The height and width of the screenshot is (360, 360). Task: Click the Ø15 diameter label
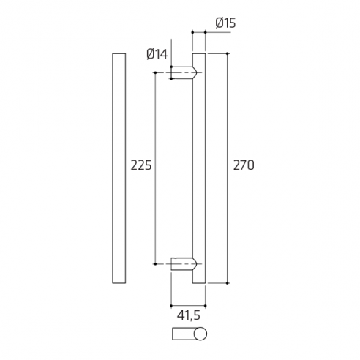click(x=225, y=23)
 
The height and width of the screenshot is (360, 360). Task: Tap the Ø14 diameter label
click(x=157, y=53)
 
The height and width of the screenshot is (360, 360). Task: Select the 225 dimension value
click(x=140, y=165)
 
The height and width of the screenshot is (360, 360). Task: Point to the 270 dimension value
click(x=243, y=165)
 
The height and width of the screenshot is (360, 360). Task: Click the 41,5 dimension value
click(x=189, y=316)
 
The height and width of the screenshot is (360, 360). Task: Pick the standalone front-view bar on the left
click(x=119, y=168)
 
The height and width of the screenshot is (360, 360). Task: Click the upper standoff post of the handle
click(x=183, y=72)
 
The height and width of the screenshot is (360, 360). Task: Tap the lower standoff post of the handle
click(x=183, y=263)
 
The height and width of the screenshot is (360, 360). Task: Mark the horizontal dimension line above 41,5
click(x=188, y=305)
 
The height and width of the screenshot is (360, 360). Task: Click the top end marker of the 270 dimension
click(x=228, y=53)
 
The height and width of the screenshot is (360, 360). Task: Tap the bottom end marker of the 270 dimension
click(x=228, y=283)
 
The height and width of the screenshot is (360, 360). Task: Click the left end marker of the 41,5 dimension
click(x=170, y=305)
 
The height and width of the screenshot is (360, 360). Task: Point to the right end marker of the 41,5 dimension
click(x=206, y=305)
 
